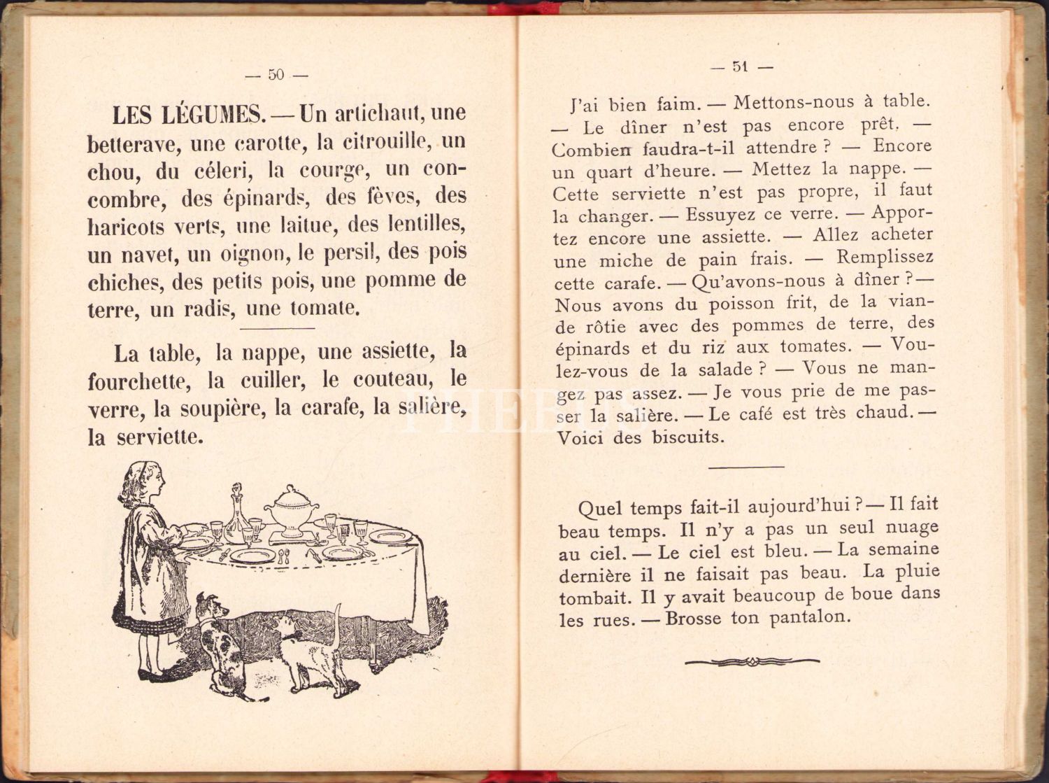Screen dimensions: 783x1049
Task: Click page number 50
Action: tap(276, 74)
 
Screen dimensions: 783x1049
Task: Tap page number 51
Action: tap(741, 66)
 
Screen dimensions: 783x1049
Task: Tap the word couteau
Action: tap(390, 380)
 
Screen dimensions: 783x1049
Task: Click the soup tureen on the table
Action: tap(291, 509)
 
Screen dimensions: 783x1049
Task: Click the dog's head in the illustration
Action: tap(211, 607)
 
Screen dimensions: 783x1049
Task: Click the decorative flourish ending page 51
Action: tap(752, 661)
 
